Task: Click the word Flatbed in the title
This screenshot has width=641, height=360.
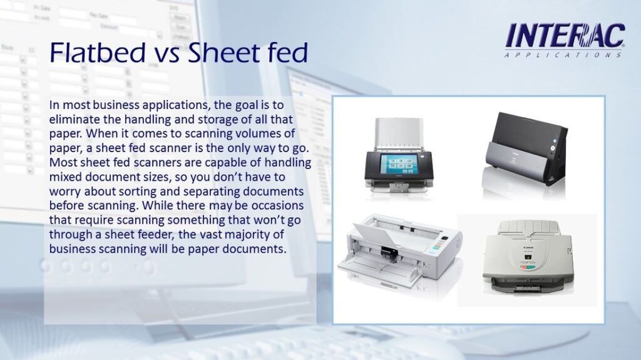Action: coord(98,52)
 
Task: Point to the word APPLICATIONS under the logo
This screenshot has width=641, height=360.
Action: coord(563,55)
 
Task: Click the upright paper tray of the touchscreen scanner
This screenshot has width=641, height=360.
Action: coord(399,133)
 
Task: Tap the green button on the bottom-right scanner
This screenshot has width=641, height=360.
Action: coord(530,267)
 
